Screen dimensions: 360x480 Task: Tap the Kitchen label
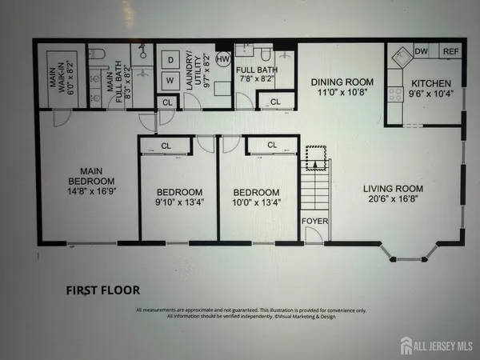(x=431, y=83)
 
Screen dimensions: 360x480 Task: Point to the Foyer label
(x=312, y=220)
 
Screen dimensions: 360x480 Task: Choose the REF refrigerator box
(x=450, y=52)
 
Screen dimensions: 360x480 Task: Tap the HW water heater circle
(x=223, y=58)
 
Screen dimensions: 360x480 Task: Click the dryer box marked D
(x=170, y=58)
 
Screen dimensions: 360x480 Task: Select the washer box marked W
(x=170, y=80)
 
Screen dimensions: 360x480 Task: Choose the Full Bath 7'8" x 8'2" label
(x=258, y=75)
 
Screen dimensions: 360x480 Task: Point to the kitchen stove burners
(x=395, y=94)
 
